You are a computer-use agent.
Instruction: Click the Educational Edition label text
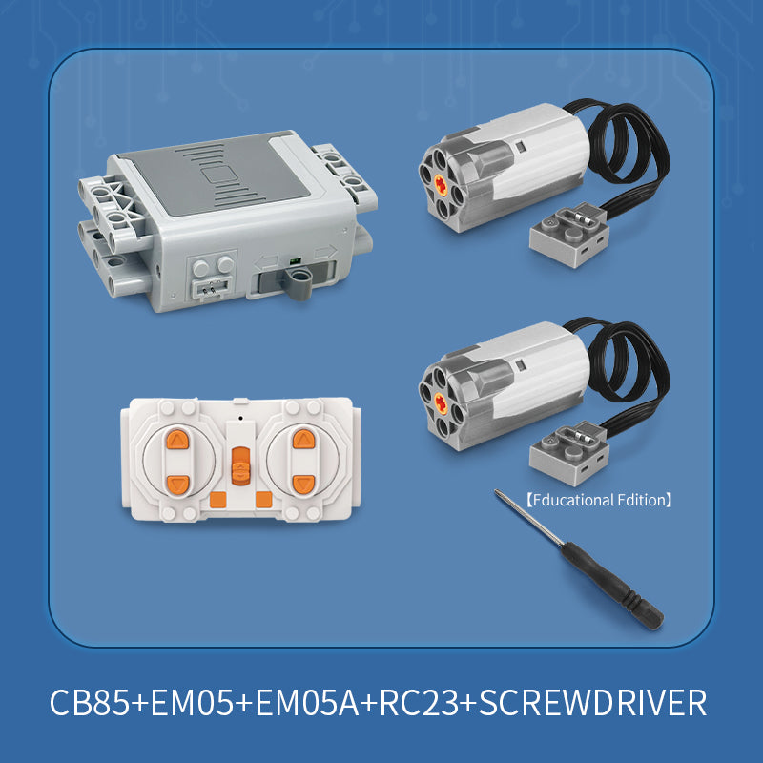point(599,498)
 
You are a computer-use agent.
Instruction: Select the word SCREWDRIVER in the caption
point(592,703)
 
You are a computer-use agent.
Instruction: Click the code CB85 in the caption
point(91,703)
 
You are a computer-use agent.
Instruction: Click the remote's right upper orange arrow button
point(303,440)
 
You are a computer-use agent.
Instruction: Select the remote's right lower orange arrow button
point(303,483)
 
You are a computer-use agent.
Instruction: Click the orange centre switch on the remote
point(240,465)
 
